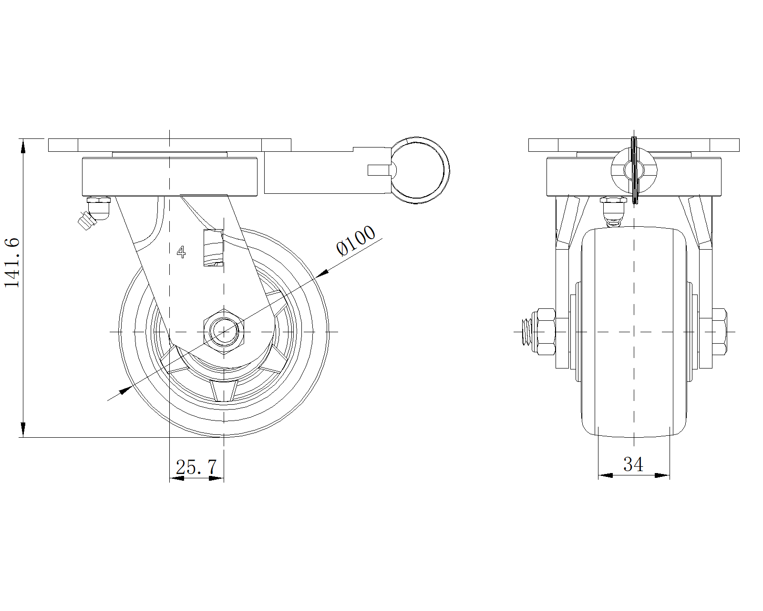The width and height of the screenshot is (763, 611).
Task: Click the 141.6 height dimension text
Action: pyautogui.click(x=11, y=263)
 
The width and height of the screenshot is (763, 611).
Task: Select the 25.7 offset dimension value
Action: pyautogui.click(x=196, y=467)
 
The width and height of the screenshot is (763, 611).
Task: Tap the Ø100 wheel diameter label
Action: pyautogui.click(x=356, y=240)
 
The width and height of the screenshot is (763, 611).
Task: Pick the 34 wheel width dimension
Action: pyautogui.click(x=633, y=464)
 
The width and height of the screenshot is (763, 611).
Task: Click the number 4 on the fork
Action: pyautogui.click(x=181, y=252)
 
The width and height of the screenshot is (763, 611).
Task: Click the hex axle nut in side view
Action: pyautogui.click(x=224, y=332)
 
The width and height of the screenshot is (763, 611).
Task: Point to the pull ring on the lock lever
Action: pyautogui.click(x=420, y=170)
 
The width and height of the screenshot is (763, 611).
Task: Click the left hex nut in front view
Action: pyautogui.click(x=546, y=332)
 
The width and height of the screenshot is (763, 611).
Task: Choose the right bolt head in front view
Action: pyautogui.click(x=719, y=332)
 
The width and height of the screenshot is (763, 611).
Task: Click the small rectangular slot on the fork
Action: pyautogui.click(x=214, y=247)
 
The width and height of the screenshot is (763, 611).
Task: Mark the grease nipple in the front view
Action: pyautogui.click(x=613, y=212)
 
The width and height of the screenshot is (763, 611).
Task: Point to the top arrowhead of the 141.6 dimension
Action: pyautogui.click(x=23, y=146)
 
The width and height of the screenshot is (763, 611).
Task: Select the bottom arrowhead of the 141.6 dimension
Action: pyautogui.click(x=23, y=430)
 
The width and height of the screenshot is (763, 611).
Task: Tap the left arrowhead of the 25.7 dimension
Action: pyautogui.click(x=177, y=478)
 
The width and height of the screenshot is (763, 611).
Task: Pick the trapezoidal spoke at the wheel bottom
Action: pyautogui.click(x=224, y=391)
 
